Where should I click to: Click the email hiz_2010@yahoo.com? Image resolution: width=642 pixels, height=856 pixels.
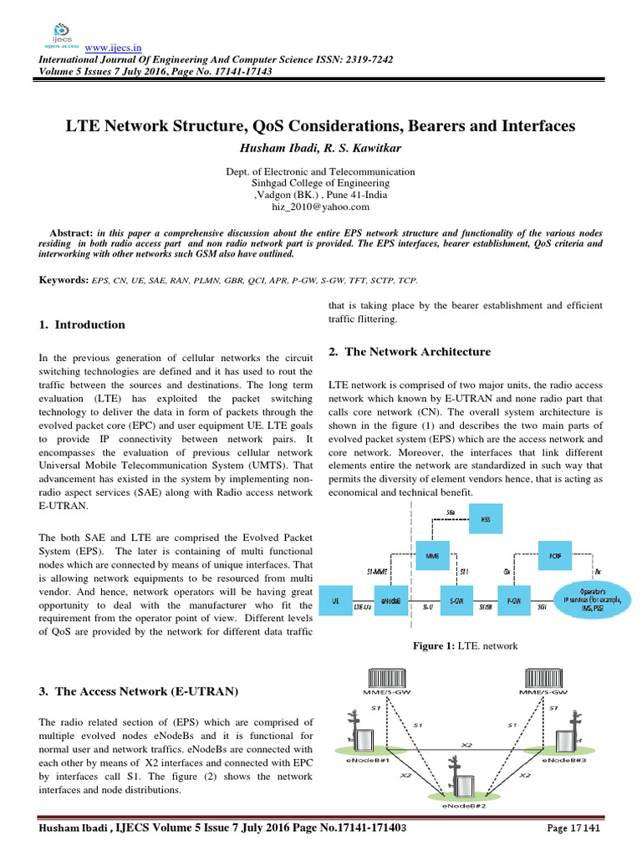pos(320,206)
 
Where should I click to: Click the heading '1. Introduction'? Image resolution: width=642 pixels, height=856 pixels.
pos(83,324)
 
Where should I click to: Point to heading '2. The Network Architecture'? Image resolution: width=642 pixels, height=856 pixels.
pos(410,352)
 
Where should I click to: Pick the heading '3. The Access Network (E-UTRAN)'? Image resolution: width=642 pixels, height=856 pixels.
pos(139,691)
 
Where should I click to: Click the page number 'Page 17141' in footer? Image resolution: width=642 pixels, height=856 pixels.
pos(574,828)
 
